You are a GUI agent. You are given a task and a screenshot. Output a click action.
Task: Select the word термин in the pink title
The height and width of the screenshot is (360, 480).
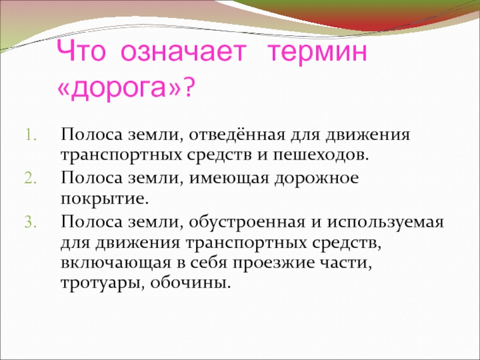tap(317, 53)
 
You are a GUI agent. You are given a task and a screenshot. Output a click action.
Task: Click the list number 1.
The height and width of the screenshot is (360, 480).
tap(31, 136)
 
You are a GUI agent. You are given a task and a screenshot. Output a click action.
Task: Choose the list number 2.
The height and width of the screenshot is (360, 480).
tap(31, 179)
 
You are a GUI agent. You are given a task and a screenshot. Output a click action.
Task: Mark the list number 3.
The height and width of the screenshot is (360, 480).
tap(31, 222)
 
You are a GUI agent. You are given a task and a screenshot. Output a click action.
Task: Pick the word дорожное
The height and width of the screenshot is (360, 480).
tap(316, 179)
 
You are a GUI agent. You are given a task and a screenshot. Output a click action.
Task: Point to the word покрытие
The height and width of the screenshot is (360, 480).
tap(104, 200)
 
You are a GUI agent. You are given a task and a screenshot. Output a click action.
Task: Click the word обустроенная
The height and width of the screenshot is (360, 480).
tap(247, 222)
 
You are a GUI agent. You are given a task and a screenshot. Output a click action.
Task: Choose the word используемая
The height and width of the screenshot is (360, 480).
tap(386, 222)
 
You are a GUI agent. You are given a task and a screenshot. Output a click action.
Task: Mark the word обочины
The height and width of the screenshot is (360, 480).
tap(190, 283)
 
